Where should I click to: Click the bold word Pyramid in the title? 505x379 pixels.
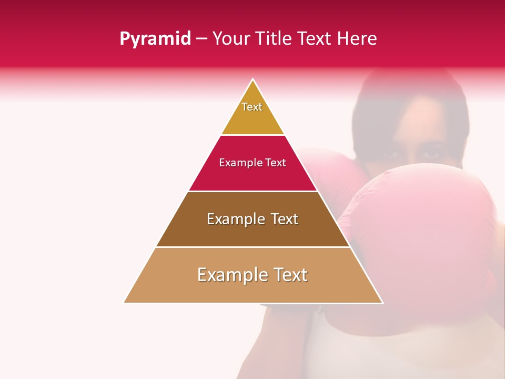[155, 39]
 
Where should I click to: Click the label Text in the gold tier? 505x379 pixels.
[252, 107]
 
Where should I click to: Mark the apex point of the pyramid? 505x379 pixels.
[253, 79]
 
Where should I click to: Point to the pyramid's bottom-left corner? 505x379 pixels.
[125, 303]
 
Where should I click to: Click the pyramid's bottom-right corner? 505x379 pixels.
[382, 303]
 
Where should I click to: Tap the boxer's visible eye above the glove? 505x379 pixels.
[429, 154]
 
